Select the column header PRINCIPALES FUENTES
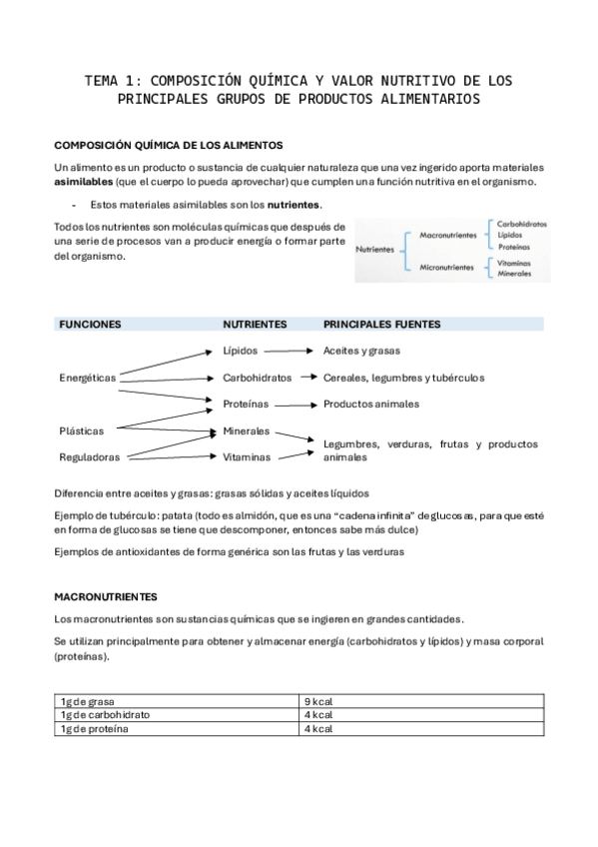[x=381, y=325]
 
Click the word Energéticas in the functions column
[x=88, y=379]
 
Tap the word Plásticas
[x=81, y=431]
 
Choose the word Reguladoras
[x=89, y=457]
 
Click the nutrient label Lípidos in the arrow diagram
[x=240, y=352]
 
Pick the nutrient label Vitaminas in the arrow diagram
[x=246, y=457]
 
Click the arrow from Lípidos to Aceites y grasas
[x=290, y=352]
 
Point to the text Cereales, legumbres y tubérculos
[x=403, y=379]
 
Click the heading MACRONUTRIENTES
[x=105, y=596]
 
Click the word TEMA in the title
[x=102, y=80]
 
